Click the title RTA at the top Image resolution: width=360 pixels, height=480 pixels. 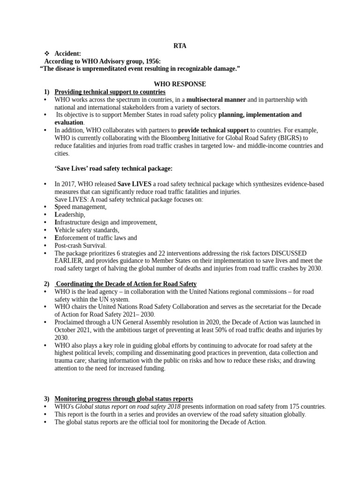pos(180,46)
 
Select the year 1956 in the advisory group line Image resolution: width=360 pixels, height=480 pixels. pos(152,61)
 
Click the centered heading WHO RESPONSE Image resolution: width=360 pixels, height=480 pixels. pos(180,84)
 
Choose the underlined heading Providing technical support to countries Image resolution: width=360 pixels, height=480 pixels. pos(110,92)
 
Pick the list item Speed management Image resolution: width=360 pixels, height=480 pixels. pos(81,207)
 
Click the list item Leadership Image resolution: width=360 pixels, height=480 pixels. pos(70,215)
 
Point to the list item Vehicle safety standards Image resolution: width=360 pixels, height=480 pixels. pos(87,230)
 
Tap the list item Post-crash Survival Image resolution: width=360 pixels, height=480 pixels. pos(80,245)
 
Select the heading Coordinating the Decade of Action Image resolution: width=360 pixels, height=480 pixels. pos(126,284)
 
